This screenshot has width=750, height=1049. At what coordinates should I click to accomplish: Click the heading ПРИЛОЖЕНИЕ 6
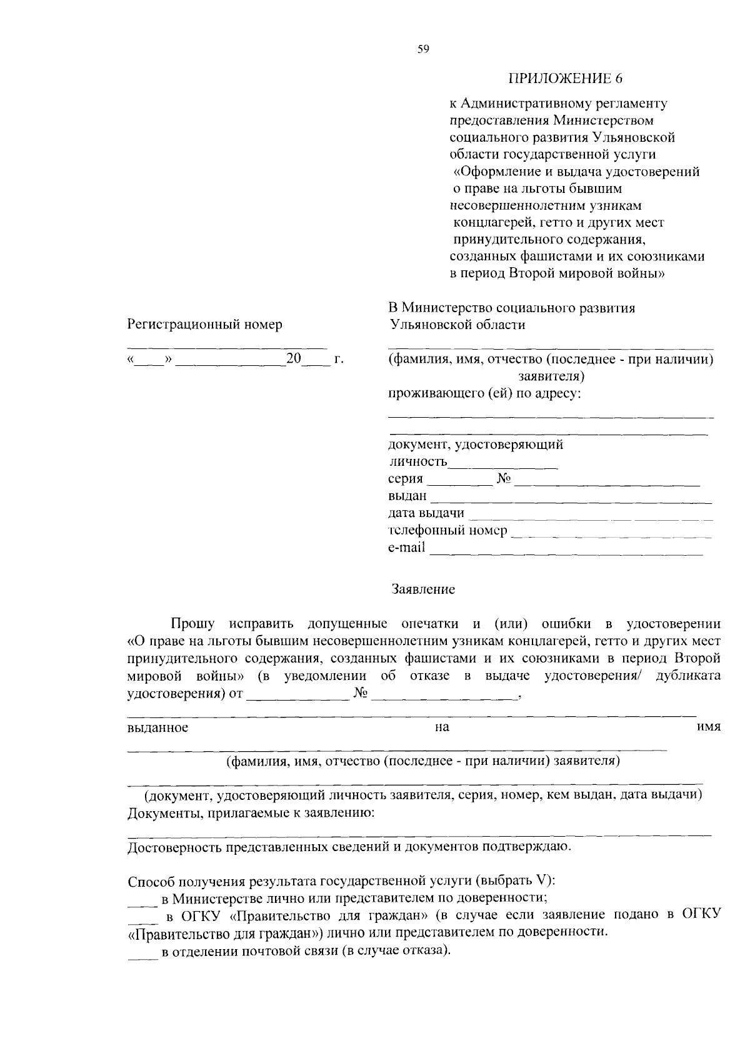[x=566, y=79]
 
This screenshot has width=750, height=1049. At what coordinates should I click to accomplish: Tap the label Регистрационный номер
[x=205, y=324]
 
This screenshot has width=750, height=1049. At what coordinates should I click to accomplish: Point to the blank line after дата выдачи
[x=589, y=518]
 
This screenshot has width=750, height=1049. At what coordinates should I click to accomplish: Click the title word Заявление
[x=423, y=589]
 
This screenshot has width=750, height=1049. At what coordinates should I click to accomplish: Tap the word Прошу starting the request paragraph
[x=193, y=624]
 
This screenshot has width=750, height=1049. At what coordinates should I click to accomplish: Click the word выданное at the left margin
[x=157, y=727]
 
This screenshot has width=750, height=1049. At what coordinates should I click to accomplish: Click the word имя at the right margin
[x=709, y=727]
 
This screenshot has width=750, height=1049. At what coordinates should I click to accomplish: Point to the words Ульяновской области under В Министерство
[x=456, y=325]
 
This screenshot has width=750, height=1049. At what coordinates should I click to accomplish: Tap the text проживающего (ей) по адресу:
[x=484, y=394]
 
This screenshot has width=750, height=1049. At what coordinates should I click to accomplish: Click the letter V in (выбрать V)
[x=541, y=881]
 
